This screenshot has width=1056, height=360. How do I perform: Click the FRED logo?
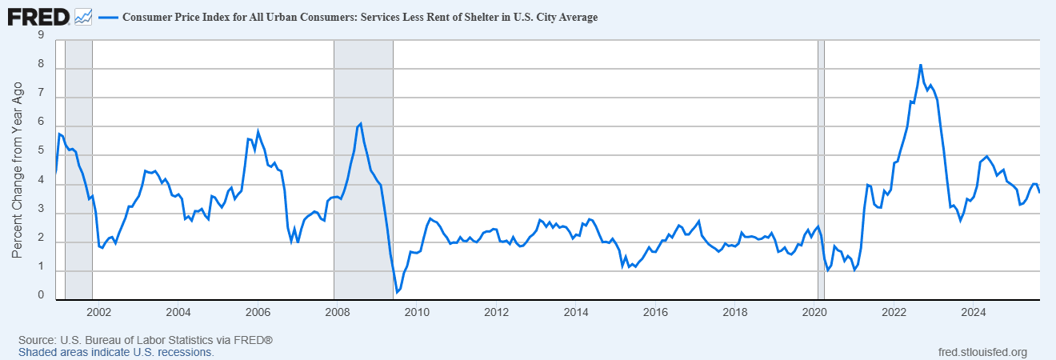38,15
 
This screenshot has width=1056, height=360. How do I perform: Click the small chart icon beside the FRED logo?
83,16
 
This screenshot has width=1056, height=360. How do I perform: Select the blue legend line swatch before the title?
106,17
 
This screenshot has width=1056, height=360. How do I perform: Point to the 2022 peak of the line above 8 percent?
921,65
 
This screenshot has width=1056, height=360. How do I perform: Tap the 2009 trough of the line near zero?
397,293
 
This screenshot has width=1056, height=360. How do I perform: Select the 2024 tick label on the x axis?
974,312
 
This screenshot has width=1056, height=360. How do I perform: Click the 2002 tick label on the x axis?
99,312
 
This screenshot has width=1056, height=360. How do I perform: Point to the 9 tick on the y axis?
40,34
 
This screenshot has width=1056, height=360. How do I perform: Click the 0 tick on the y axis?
40,295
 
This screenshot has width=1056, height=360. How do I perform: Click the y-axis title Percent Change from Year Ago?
18,170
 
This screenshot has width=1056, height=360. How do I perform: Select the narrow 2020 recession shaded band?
821,168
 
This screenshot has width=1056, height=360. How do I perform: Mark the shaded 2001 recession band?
78,168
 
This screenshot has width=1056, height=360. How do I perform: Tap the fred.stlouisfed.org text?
982,352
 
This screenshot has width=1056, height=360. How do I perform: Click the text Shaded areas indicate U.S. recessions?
116,352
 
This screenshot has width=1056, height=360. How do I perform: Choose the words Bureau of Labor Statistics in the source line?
138,341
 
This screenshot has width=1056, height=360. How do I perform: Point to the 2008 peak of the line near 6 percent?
361,123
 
